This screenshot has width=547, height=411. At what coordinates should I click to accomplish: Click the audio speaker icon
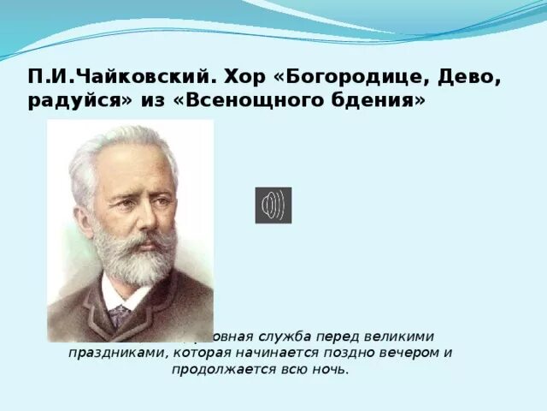point(273,205)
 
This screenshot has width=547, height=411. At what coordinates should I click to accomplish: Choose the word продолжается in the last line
point(224,369)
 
